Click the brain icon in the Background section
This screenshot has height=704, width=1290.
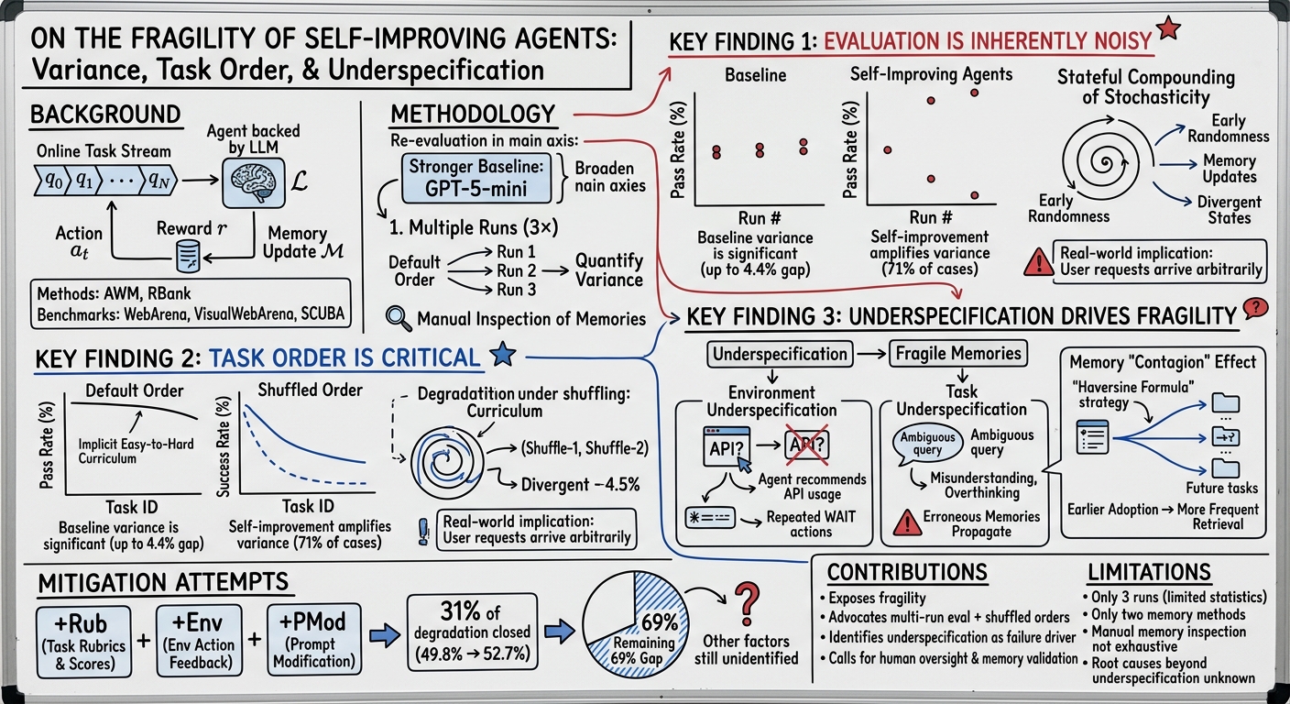[x=254, y=182]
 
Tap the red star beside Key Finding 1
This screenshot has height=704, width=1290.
[x=1168, y=27]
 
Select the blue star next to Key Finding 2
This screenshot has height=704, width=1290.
[x=503, y=354]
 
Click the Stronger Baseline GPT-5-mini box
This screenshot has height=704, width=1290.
[x=476, y=178]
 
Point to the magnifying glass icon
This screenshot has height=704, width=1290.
[x=399, y=319]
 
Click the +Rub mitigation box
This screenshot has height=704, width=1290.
[x=84, y=642]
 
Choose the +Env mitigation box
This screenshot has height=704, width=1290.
[x=199, y=640]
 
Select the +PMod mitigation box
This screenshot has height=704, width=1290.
[x=314, y=639]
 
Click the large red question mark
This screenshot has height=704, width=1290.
[x=747, y=604]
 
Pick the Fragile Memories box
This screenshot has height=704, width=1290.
[x=958, y=353]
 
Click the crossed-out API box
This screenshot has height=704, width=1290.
[x=807, y=445]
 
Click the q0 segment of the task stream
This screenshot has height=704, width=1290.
[x=53, y=181]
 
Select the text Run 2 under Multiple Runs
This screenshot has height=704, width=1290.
[x=517, y=270]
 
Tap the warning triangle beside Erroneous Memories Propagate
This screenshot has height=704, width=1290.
[x=908, y=522]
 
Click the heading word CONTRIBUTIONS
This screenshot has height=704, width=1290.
[x=907, y=573]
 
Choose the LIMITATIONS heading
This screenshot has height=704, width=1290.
[x=1149, y=573]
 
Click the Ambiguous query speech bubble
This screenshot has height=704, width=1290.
[x=927, y=444]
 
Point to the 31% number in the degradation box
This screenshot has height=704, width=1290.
[x=460, y=610]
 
